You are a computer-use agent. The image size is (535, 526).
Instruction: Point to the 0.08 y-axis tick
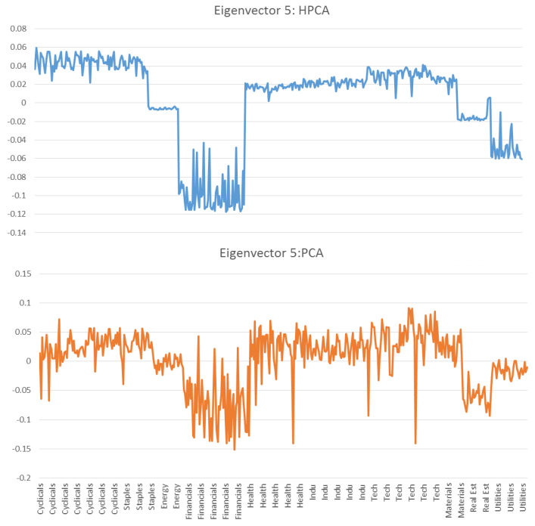pyautogui.click(x=17, y=29)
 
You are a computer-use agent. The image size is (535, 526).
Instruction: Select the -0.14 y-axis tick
pyautogui.click(x=15, y=233)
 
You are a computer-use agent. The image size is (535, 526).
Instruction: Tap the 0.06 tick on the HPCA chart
pyautogui.click(x=17, y=47)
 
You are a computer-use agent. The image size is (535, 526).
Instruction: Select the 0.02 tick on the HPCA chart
pyautogui.click(x=17, y=84)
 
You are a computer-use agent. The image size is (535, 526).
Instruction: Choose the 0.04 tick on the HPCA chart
pyautogui.click(x=17, y=66)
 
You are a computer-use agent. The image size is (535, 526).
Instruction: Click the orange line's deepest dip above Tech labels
pyautogui.click(x=415, y=443)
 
